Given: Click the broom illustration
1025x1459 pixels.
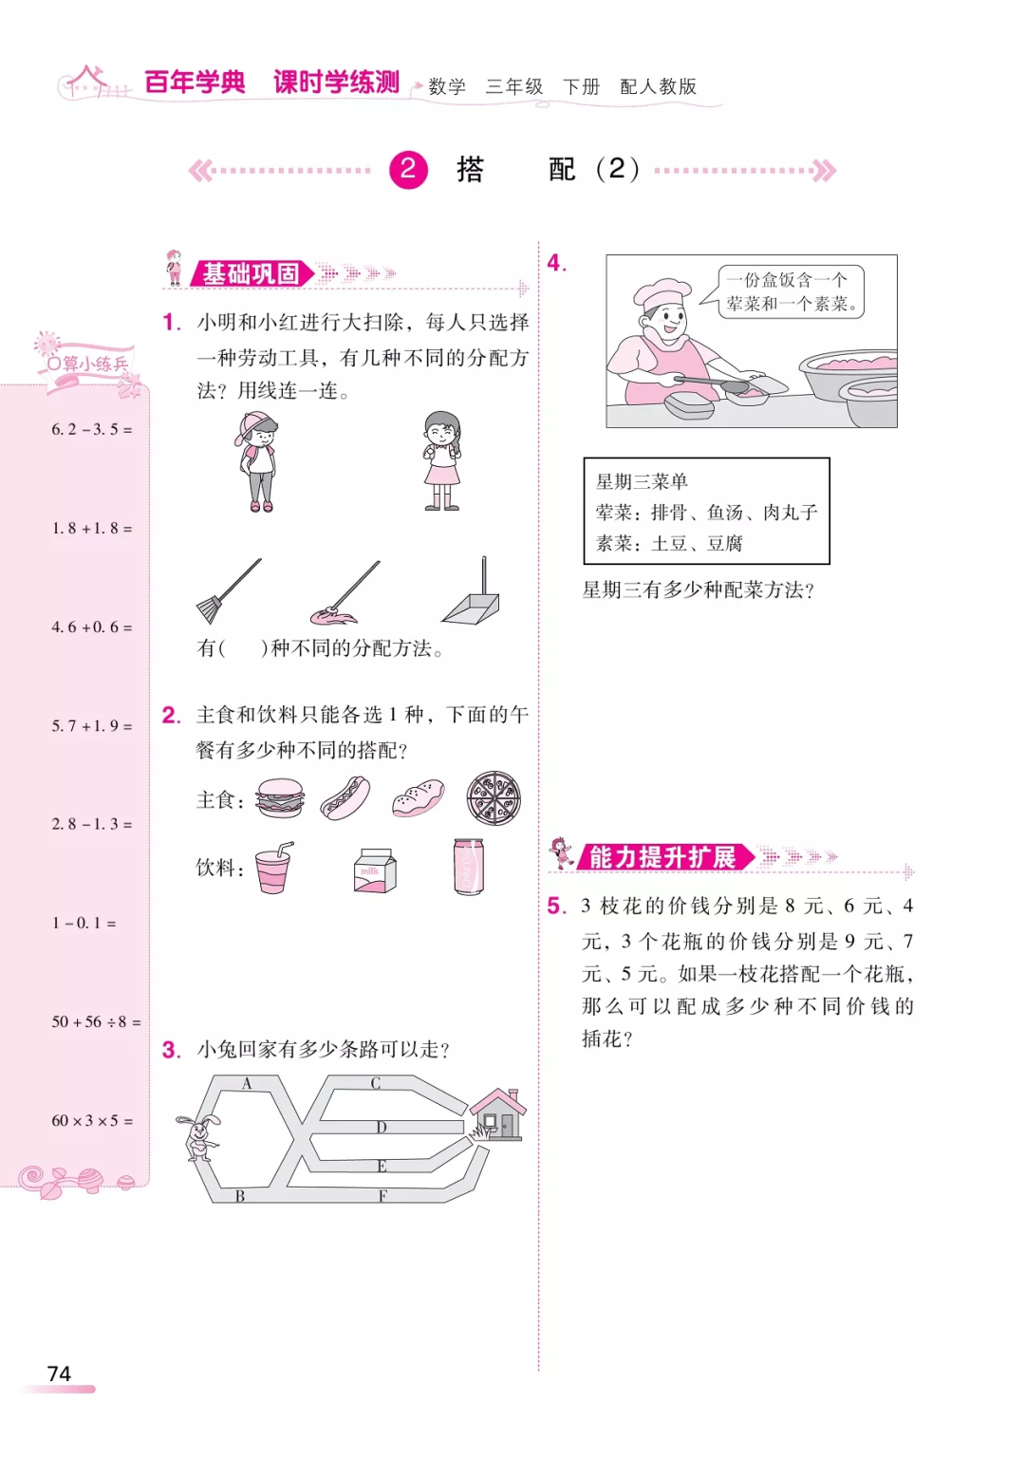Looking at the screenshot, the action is (227, 590).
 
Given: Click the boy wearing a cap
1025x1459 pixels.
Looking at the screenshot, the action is (257, 461).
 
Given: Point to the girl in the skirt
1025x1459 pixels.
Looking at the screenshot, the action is (441, 460).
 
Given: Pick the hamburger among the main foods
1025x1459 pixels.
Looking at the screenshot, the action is (280, 798).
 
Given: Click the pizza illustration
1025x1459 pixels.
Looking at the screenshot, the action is (494, 798).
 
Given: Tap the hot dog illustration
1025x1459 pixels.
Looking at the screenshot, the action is (345, 798).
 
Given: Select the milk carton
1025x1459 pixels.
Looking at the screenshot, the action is (375, 869).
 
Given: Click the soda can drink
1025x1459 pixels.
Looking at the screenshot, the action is (468, 867).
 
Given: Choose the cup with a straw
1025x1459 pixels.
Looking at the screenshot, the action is (274, 868).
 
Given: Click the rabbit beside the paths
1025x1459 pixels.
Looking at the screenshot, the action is (198, 1136).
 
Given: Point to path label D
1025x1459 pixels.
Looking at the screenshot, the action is (382, 1127).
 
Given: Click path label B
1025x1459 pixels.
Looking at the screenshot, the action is (240, 1196).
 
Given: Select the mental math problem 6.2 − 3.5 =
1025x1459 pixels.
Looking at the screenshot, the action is (92, 429).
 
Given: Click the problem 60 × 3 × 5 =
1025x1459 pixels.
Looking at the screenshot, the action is (92, 1120).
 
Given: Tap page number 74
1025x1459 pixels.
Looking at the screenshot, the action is (59, 1373).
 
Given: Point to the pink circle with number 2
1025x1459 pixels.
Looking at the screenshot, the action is (408, 170).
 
